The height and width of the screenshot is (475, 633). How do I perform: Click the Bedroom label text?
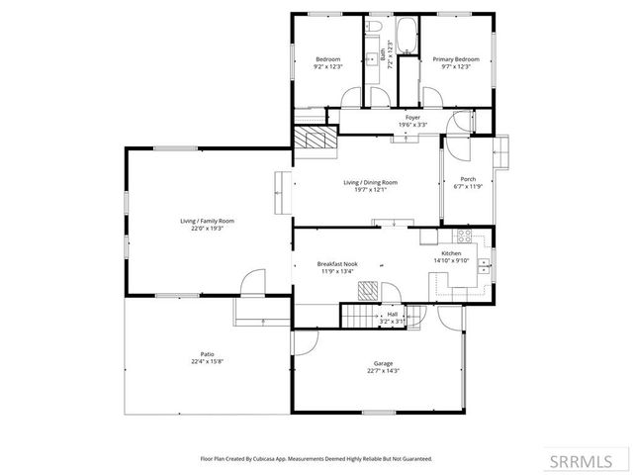[327, 59]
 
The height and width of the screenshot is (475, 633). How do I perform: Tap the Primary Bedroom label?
[456, 59]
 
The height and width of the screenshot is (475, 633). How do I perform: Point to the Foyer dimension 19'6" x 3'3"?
[412, 125]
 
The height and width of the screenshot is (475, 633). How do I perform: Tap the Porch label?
[467, 179]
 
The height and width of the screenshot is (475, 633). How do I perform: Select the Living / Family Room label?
[207, 220]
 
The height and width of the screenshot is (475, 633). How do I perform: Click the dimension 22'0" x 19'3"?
[207, 228]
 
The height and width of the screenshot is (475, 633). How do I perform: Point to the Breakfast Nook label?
[337, 264]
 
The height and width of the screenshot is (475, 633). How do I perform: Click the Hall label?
[393, 314]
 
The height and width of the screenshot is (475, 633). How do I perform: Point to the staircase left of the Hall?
[360, 316]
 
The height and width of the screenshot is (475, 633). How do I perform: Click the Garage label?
[383, 363]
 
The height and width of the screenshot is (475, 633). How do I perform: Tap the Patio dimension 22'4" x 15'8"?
[207, 361]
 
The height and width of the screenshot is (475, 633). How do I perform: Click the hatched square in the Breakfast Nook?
[367, 289]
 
